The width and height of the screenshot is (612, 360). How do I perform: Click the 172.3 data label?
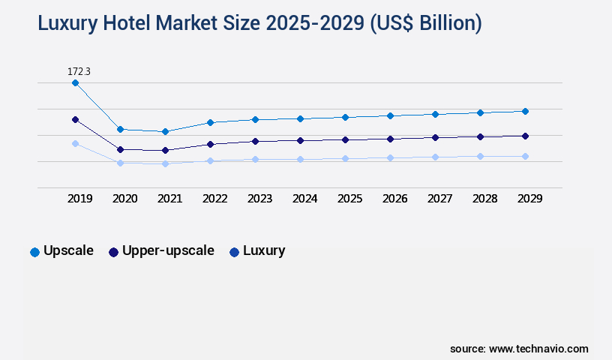tap(79, 71)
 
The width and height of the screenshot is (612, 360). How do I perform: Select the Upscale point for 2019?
tap(75, 83)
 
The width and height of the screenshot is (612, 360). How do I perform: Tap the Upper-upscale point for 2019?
tap(75, 119)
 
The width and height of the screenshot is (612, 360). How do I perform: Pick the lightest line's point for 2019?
tap(75, 143)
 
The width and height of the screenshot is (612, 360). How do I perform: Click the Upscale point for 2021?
tap(165, 132)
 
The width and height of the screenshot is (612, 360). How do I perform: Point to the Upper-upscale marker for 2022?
tap(210, 144)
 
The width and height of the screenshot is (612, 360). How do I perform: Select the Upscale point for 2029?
tap(525, 111)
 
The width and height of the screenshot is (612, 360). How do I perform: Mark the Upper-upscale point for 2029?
tap(525, 136)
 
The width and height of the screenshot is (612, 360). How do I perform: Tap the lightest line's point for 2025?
tap(345, 158)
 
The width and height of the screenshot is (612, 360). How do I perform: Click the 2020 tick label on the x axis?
tap(124, 199)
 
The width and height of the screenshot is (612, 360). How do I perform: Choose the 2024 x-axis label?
tap(304, 199)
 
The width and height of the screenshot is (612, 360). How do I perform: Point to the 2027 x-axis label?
tap(439, 199)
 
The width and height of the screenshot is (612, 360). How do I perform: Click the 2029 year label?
tap(529, 199)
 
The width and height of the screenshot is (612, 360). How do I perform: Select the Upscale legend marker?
tap(34, 252)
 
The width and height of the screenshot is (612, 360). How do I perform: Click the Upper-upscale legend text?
tap(168, 250)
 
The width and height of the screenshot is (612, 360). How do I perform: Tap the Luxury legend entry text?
tap(264, 250)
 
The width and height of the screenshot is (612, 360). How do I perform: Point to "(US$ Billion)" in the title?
tap(424, 23)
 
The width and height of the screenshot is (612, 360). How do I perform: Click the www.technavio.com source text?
tap(538, 349)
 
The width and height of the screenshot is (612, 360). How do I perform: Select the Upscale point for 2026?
tap(390, 115)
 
